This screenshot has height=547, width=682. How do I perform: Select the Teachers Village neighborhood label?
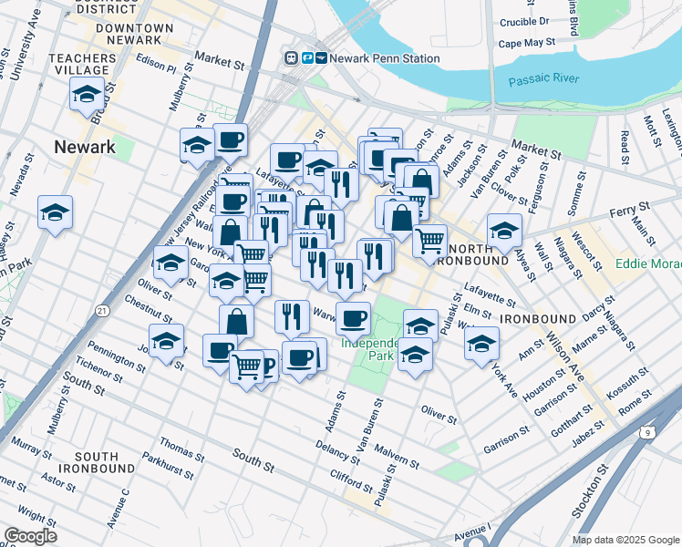83,64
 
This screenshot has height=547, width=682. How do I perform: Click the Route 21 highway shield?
103,312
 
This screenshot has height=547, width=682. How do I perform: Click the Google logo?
30,536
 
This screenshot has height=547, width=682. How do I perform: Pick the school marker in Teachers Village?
88,94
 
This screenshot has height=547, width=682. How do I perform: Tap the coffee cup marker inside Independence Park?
353,318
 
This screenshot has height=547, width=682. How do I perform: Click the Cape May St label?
526,42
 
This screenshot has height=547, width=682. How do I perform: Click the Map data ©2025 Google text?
625,539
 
